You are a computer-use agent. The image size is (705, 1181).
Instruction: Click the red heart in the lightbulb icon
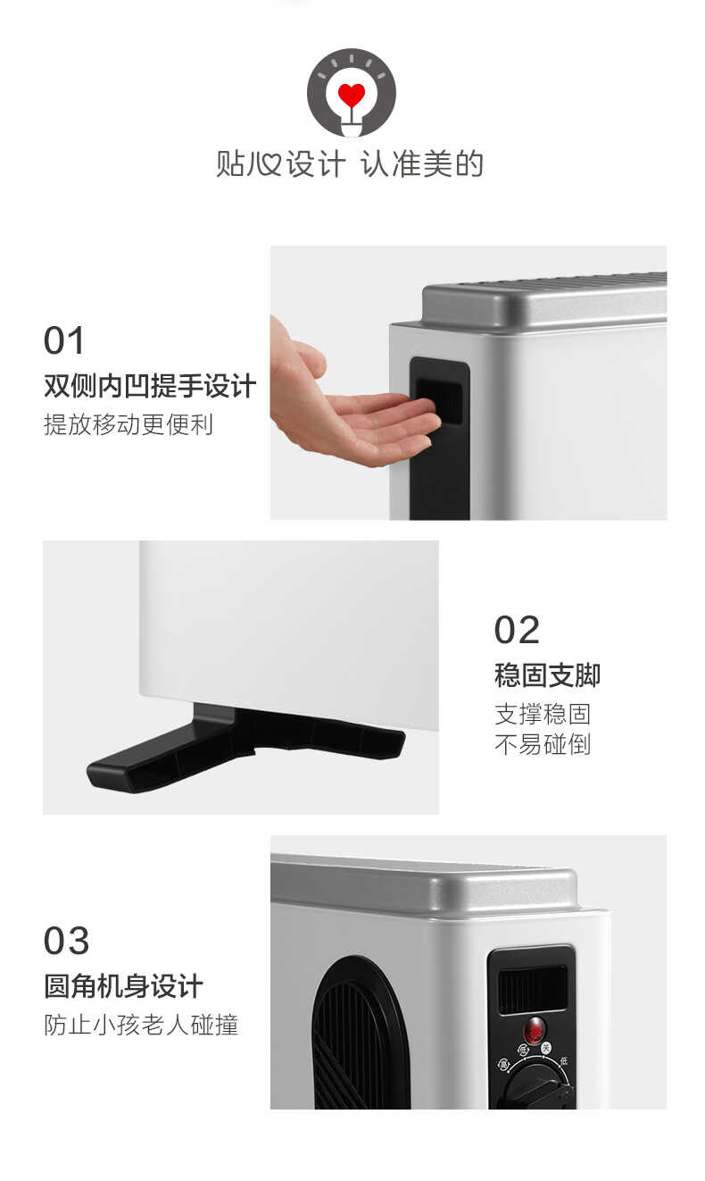[x=352, y=94]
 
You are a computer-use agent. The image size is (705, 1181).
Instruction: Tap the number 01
[x=64, y=341]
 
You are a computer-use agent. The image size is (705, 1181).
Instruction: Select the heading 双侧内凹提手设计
[x=150, y=386]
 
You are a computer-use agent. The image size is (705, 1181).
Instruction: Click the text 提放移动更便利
[x=129, y=424]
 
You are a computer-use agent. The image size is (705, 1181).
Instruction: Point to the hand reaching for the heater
[x=348, y=411]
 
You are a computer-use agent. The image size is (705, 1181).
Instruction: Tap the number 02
[x=517, y=630]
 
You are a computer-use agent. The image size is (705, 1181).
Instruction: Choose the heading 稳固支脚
[x=547, y=675]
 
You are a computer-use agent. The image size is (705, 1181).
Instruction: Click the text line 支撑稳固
[x=543, y=714]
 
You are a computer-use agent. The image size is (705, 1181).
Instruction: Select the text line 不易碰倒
[x=543, y=744]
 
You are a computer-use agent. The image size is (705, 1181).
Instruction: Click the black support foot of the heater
[x=241, y=743]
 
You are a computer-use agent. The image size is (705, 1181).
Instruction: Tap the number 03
[x=66, y=941]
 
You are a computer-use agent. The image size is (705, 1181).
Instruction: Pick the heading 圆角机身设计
[x=123, y=986]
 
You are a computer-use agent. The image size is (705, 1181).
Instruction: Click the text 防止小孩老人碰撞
[x=141, y=1025]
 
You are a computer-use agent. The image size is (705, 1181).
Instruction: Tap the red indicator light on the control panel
[x=535, y=1029]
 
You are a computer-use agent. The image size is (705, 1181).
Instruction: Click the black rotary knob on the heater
[x=536, y=1086]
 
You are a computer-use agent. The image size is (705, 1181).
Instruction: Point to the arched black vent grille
[x=360, y=1036]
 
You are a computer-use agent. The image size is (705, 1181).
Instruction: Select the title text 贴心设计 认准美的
[x=350, y=164]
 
